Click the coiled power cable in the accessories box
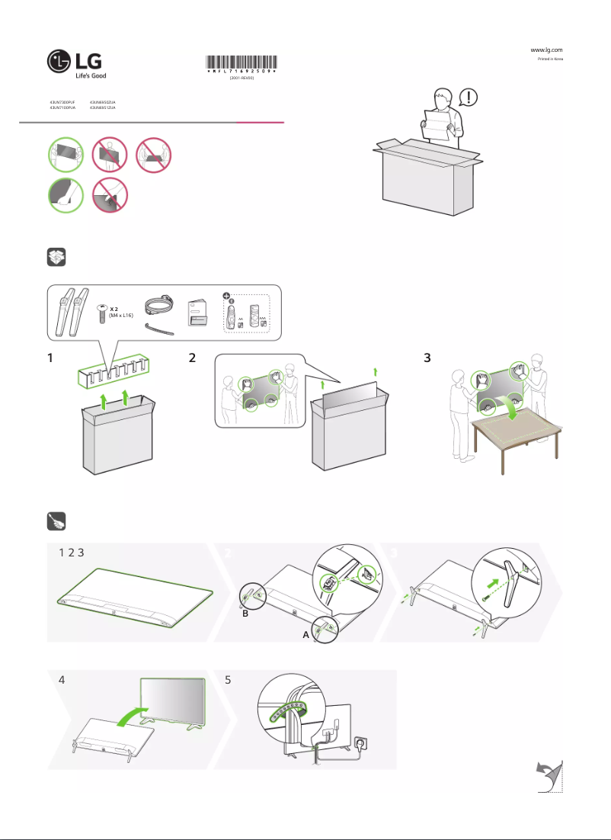(x=159, y=306)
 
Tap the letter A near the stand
(x=305, y=634)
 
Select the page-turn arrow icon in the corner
(x=549, y=776)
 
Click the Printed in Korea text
(x=549, y=59)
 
